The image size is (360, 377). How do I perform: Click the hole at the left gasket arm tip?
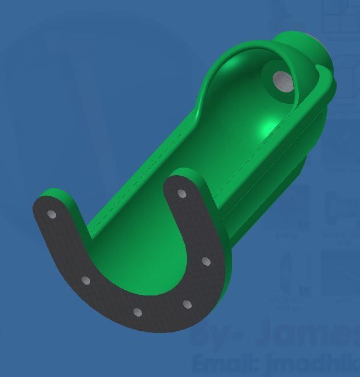(x=51, y=214)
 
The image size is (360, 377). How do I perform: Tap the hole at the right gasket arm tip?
(x=182, y=194)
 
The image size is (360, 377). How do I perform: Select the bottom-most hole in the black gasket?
(x=137, y=312)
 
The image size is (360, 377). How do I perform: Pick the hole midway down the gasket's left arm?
(x=86, y=281)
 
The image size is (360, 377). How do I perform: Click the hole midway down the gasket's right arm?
(x=206, y=262)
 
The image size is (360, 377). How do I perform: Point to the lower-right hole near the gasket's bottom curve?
(x=187, y=305)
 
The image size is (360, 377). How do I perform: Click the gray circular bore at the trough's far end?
(x=282, y=82)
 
